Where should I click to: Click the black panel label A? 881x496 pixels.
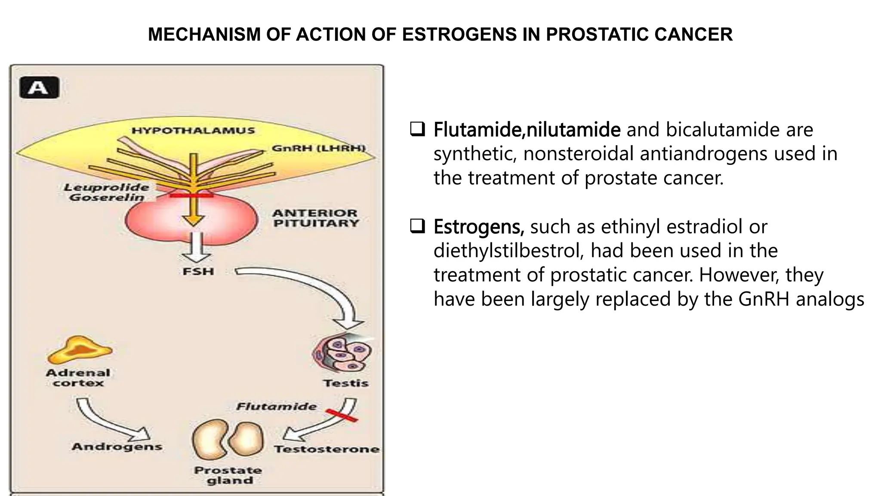(39, 88)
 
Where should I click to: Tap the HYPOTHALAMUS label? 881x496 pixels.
(193, 130)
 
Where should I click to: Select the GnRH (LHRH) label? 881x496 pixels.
(318, 149)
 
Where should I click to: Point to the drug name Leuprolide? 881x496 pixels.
(107, 187)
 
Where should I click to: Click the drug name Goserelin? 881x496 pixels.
(107, 198)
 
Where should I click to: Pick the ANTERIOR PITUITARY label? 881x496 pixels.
(315, 218)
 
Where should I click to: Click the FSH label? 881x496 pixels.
(198, 272)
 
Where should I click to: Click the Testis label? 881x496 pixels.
(346, 383)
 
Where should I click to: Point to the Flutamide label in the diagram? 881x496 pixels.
(277, 406)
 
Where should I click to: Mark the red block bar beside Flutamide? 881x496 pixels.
(342, 415)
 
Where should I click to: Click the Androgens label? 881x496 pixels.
(117, 446)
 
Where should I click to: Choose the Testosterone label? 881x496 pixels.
(327, 449)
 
